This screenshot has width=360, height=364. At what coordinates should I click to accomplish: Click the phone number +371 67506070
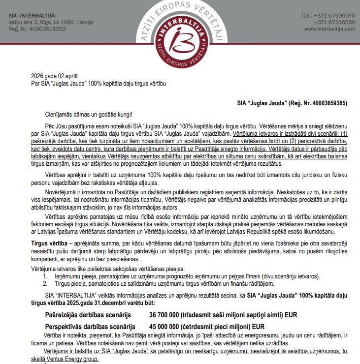(x=330, y=16)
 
